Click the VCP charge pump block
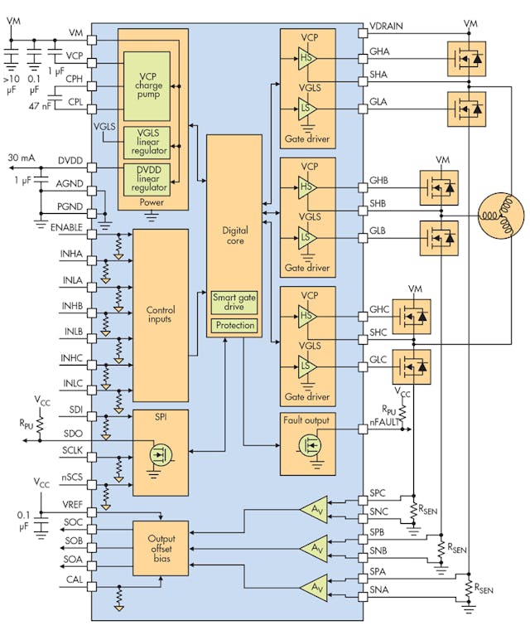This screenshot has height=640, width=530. (146, 85)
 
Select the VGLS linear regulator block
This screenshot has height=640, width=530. (146, 143)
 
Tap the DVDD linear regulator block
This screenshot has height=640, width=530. (146, 179)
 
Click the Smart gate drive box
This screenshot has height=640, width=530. (234, 302)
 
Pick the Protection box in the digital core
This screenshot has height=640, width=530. (234, 326)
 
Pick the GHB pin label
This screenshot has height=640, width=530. (380, 187)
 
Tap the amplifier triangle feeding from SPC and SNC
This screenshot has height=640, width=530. (316, 507)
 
